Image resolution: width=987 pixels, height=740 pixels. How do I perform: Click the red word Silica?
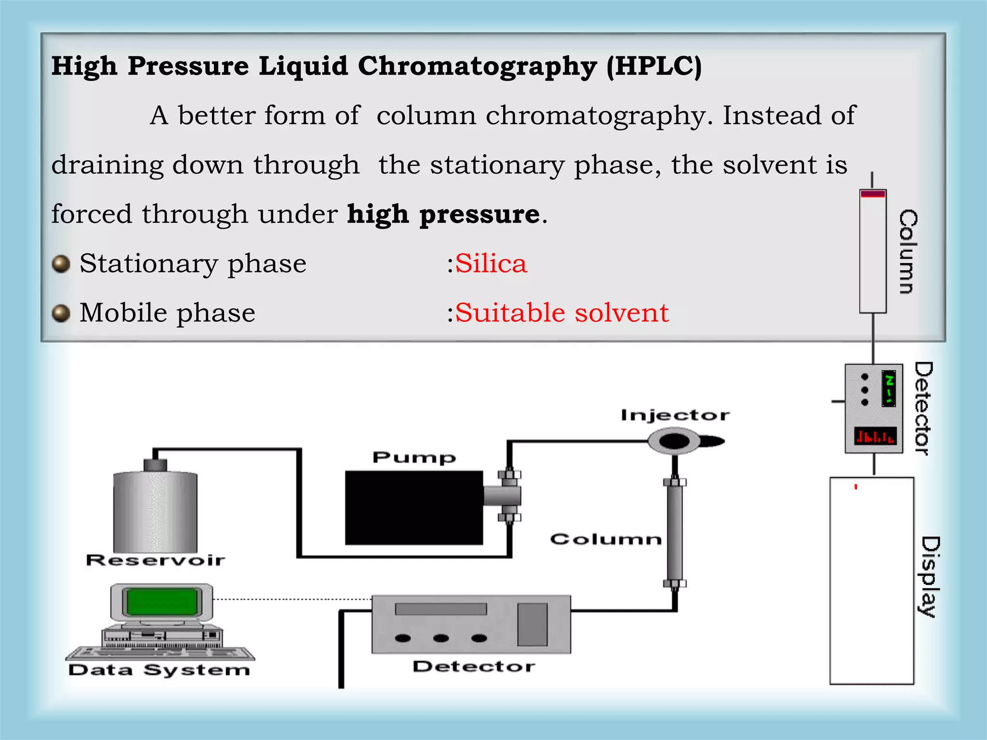pyautogui.click(x=491, y=264)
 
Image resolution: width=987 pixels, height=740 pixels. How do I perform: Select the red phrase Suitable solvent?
pyautogui.click(x=562, y=313)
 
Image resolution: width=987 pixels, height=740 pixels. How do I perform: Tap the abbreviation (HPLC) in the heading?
pyautogui.click(x=654, y=66)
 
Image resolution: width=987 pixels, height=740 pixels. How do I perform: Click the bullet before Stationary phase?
pyautogui.click(x=61, y=264)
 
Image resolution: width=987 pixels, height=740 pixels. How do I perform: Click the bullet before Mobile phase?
pyautogui.click(x=61, y=313)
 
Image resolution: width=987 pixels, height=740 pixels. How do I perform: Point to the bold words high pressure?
pyautogui.click(x=443, y=214)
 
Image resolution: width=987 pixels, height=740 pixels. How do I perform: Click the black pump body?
pyautogui.click(x=413, y=507)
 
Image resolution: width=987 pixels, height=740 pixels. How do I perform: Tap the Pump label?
pyautogui.click(x=414, y=457)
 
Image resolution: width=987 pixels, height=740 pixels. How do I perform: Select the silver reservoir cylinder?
pyautogui.click(x=155, y=512)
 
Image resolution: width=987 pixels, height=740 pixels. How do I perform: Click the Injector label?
pyautogui.click(x=675, y=415)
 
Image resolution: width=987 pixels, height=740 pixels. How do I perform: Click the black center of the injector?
pyautogui.click(x=674, y=441)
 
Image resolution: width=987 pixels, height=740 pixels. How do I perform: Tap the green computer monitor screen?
pyautogui.click(x=161, y=602)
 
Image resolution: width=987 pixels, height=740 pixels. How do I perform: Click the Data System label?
pyautogui.click(x=159, y=670)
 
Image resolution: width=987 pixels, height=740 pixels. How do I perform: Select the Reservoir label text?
pyautogui.click(x=155, y=560)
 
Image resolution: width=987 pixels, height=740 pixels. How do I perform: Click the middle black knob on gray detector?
pyautogui.click(x=440, y=638)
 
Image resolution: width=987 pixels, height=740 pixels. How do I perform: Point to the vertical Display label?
pyautogui.click(x=930, y=576)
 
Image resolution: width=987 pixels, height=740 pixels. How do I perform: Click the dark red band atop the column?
pyautogui.click(x=873, y=194)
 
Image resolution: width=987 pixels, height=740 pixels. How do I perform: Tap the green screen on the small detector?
pyautogui.click(x=889, y=388)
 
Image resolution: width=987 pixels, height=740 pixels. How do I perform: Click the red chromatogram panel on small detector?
pyautogui.click(x=875, y=436)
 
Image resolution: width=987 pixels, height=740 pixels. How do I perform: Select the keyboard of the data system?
pyautogui.click(x=160, y=653)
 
